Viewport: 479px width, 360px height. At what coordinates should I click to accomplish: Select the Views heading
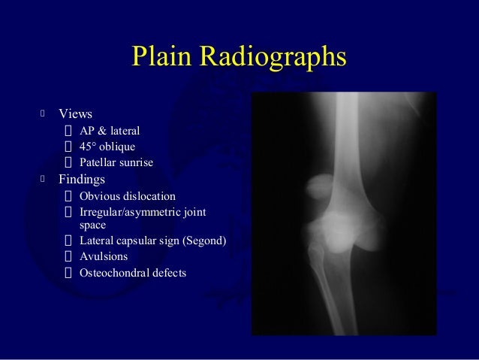[x=75, y=114]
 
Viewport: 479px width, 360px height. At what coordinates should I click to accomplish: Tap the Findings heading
[x=82, y=180]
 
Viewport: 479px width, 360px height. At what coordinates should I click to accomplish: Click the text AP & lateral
[x=110, y=131]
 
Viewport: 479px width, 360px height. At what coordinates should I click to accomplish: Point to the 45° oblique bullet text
[x=107, y=147]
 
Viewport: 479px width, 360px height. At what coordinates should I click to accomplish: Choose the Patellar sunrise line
[x=116, y=162]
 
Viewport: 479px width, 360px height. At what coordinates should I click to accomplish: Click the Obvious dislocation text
[x=127, y=196]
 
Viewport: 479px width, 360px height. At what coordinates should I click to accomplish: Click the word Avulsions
[x=104, y=257]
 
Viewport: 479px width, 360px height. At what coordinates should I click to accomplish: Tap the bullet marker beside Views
[x=44, y=114]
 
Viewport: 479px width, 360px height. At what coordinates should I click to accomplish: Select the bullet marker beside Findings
[x=44, y=180]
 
